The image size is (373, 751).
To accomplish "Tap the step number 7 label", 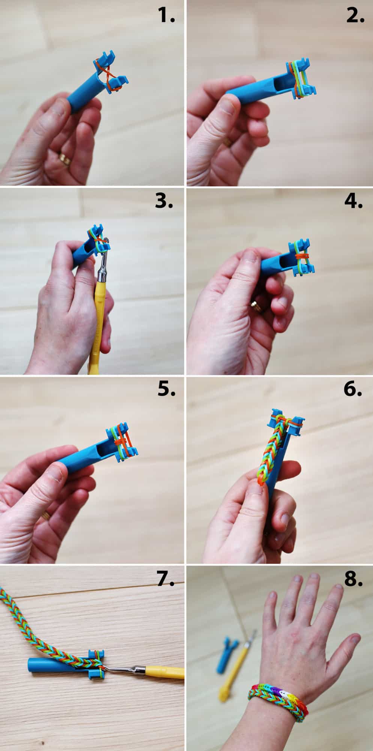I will click(165, 579).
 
